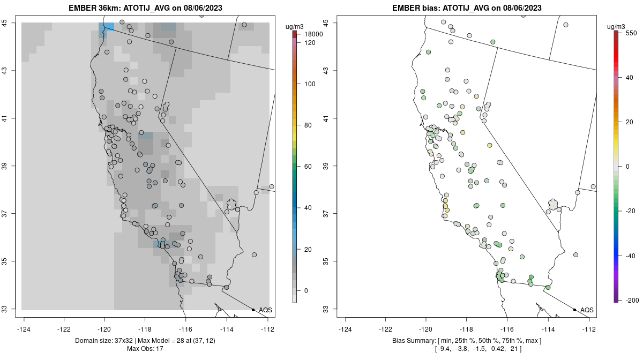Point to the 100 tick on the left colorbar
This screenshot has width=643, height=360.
pyautogui.click(x=310, y=84)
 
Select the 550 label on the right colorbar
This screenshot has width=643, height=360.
pyautogui.click(x=630, y=33)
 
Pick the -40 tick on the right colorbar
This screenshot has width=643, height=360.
pyautogui.click(x=630, y=256)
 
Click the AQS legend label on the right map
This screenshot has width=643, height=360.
pyautogui.click(x=587, y=310)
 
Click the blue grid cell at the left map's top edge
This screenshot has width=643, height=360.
pyautogui.click(x=106, y=27)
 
